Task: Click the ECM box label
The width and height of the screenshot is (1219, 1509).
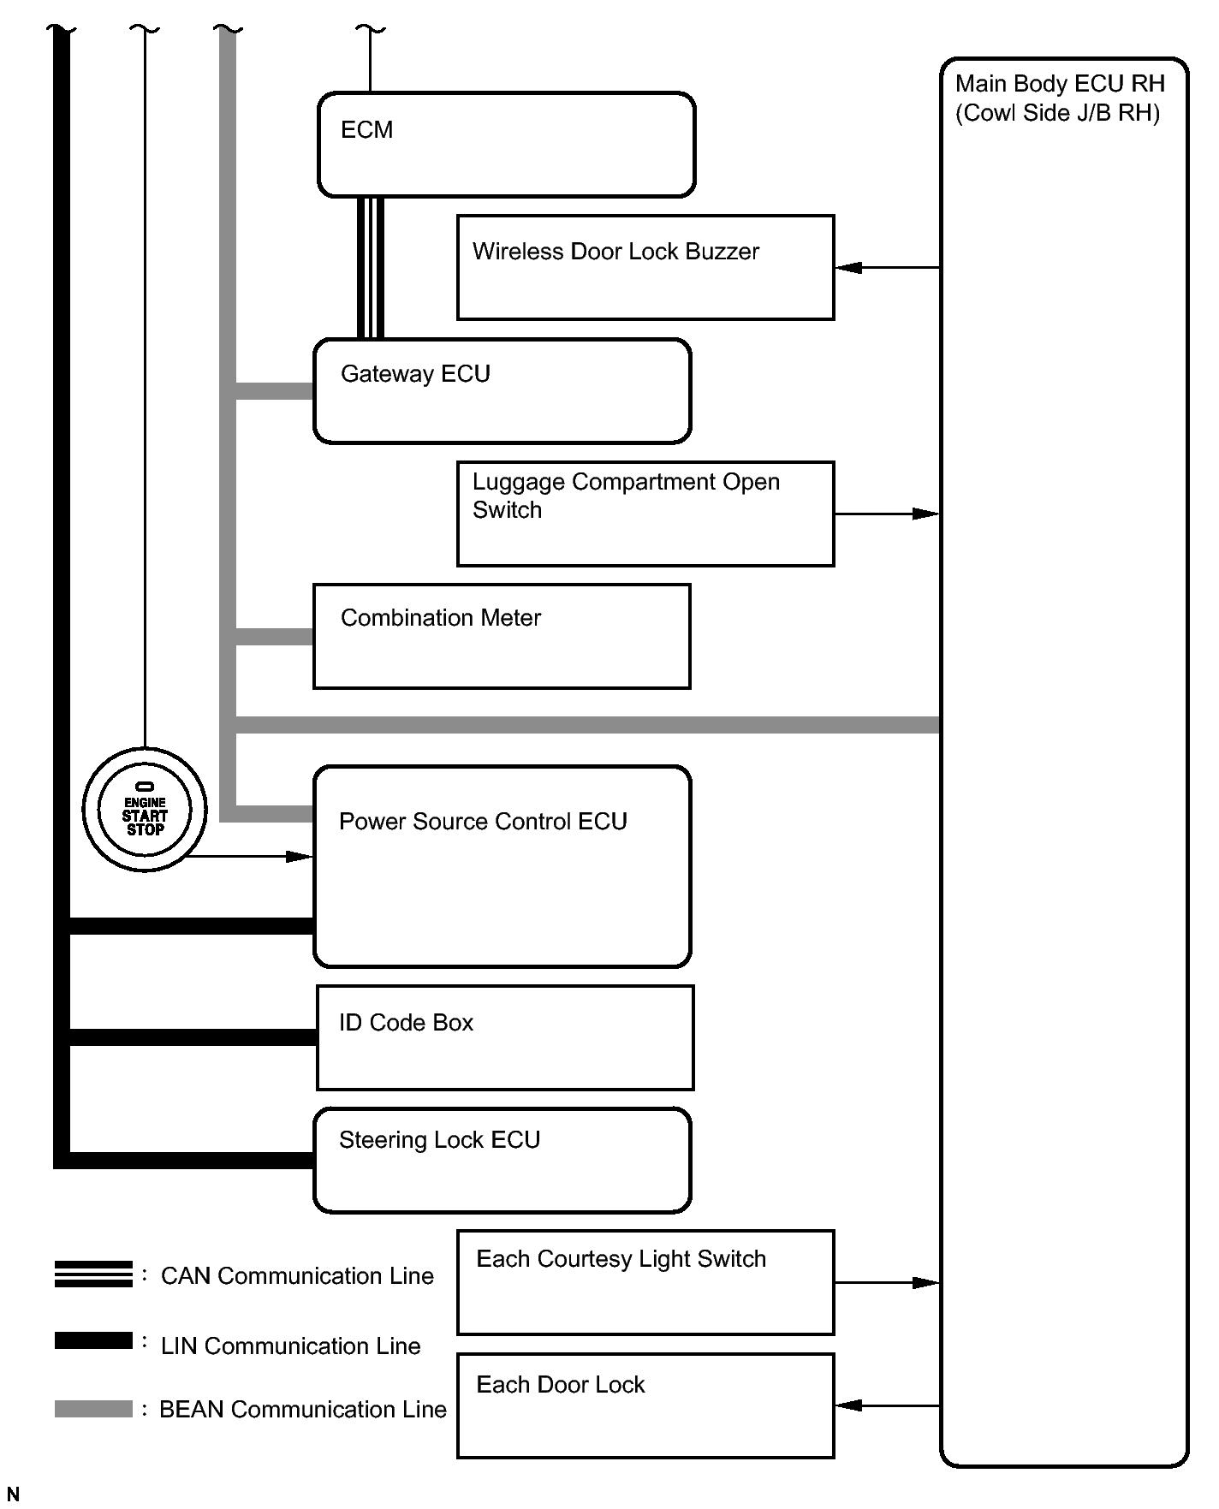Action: point(366,130)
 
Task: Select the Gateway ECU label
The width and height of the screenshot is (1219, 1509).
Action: point(415,374)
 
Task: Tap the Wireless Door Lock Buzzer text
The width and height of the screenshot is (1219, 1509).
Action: point(615,252)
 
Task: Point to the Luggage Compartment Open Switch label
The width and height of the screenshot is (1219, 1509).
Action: point(625,496)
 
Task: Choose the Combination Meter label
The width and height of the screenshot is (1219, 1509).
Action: point(441,618)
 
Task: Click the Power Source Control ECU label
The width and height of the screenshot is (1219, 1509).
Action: point(483,822)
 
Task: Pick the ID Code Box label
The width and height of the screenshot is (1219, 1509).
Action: point(406,1023)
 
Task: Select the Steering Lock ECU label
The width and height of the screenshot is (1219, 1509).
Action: point(439,1140)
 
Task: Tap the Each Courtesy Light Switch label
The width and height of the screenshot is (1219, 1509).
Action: point(621,1259)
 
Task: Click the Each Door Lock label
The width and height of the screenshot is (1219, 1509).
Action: point(560,1385)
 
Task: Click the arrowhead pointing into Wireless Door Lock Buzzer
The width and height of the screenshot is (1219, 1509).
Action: point(847,268)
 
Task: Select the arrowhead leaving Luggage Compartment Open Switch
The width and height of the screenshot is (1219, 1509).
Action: point(926,514)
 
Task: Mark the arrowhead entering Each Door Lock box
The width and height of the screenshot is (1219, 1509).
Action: point(847,1405)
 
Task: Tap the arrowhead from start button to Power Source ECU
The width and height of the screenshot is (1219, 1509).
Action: point(300,856)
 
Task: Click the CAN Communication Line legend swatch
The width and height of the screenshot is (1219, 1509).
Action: point(93,1274)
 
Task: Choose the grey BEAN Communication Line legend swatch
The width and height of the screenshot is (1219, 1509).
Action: point(93,1409)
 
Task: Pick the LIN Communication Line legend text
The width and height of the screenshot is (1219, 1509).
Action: point(290,1346)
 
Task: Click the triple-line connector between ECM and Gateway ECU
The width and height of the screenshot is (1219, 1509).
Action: point(370,268)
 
